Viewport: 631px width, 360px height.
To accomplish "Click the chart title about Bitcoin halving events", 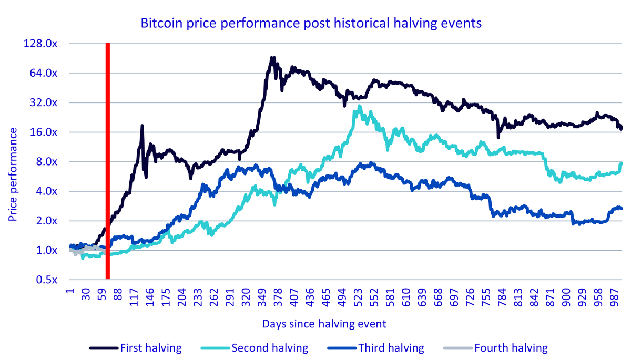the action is coord(311,23).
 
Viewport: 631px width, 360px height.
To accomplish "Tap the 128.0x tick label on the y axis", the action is coord(40,44).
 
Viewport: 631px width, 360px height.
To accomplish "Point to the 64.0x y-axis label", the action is coord(43,73).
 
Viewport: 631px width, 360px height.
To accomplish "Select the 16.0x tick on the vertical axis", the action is coord(43,132).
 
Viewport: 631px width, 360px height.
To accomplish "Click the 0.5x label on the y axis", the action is coord(46,280).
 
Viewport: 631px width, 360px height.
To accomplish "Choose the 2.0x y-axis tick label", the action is coord(46,221).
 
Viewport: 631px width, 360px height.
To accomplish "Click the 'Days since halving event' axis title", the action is coord(324,324).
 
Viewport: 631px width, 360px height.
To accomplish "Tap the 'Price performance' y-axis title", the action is coord(13,174).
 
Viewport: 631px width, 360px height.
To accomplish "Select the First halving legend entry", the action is coord(136,348).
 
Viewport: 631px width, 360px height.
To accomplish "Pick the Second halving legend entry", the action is coord(255,348).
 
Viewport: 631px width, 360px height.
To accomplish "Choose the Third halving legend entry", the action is coord(376,348).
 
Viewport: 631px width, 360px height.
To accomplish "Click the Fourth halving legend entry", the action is coord(495,348).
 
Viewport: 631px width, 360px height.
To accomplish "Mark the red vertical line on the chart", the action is coord(108,161).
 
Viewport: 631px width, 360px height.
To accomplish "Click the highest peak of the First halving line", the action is coord(272,58).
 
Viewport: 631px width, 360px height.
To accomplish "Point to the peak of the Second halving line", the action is coord(359,106).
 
